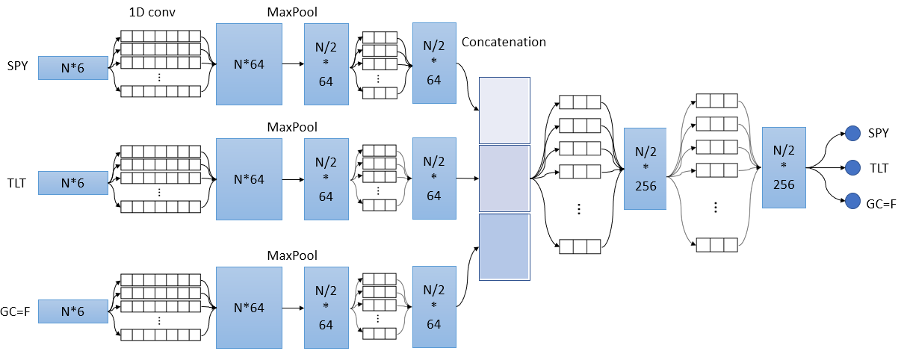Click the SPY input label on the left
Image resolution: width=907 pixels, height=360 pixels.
pos(17,66)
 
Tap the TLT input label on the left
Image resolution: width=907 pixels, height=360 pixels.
pos(16,184)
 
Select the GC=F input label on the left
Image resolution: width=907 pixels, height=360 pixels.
pos(15,311)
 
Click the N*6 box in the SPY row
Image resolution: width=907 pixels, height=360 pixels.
pos(73,68)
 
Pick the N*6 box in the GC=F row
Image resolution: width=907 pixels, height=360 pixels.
pos(73,311)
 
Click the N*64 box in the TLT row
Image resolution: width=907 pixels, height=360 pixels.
pos(249,179)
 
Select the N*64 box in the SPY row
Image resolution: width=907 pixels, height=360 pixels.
pos(249,64)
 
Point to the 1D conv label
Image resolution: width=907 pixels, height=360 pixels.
pos(152,12)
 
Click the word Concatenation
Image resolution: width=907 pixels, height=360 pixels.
pos(504,42)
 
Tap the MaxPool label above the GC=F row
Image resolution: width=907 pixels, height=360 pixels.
pos(292,255)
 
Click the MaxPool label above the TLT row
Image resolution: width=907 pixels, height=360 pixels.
pos(292,127)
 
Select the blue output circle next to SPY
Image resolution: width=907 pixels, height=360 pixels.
pos(852,133)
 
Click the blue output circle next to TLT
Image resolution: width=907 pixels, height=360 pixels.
pos(852,167)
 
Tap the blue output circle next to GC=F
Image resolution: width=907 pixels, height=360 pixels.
pos(852,201)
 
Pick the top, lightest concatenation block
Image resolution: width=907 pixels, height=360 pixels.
pos(504,111)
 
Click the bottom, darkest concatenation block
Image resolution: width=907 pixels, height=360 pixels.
pos(504,247)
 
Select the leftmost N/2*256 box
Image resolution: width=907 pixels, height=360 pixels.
pos(645,169)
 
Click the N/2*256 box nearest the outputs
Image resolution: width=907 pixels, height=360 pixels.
pos(784,167)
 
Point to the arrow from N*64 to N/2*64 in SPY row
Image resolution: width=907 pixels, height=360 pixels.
pos(293,64)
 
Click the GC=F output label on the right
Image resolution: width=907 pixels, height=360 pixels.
pos(881,204)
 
